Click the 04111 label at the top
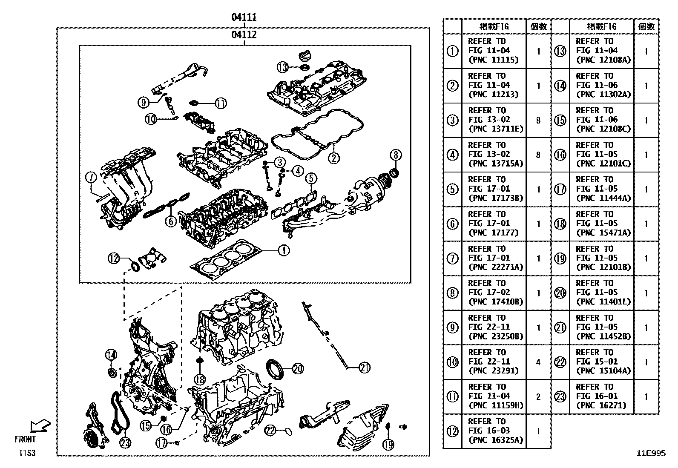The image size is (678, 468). coord(244,17)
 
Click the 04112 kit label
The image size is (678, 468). coord(244,34)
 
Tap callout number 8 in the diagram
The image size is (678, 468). coord(396,155)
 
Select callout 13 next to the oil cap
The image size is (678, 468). coord(283,67)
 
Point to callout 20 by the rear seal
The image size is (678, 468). coord(297,368)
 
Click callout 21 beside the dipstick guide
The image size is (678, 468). coord(365,368)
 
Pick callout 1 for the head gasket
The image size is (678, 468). coord(284,251)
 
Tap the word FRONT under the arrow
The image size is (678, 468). coord(26,439)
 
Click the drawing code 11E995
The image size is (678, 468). coord(651,454)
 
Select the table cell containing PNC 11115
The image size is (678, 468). coord(494,51)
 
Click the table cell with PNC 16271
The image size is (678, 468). coord(601,396)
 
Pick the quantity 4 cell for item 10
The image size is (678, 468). coord(538,362)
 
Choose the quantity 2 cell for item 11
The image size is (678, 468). coord(538,396)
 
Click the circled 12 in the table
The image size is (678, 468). coord(452,431)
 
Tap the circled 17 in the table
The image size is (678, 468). coord(560,189)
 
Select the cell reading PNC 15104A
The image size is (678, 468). coord(601,362)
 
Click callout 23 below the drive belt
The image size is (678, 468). coord(125,443)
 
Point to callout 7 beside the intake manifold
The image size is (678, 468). coord(91,178)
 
